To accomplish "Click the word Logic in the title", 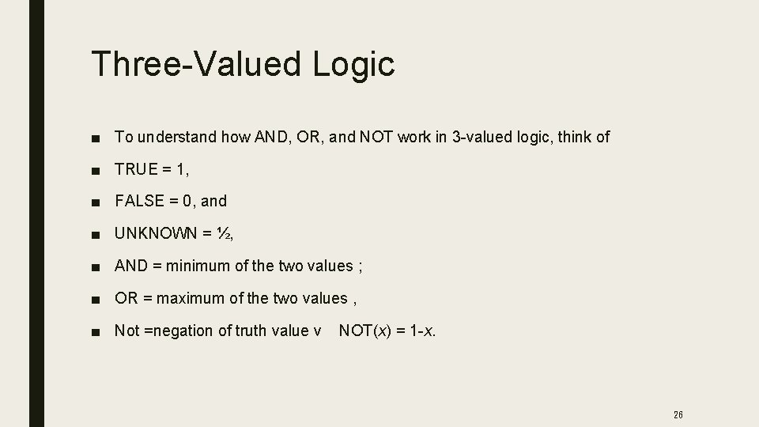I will (x=353, y=64).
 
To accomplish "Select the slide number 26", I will (x=678, y=414).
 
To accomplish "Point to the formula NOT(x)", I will (x=365, y=331).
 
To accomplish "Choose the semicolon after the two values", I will (x=361, y=266).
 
